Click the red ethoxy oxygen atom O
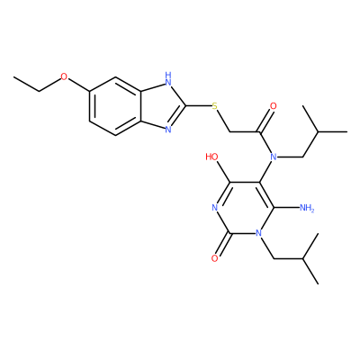[x=64, y=76]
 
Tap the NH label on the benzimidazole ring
[x=168, y=78]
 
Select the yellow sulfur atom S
[x=214, y=106]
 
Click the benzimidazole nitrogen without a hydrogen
[x=168, y=130]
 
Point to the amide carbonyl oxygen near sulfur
[x=273, y=106]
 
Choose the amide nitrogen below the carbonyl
[x=273, y=157]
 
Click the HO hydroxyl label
[x=212, y=157]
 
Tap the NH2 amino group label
[x=307, y=208]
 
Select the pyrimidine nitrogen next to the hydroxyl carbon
[x=214, y=207]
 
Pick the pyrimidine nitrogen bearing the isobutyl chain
[x=258, y=233]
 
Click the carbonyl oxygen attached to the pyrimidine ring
[x=214, y=258]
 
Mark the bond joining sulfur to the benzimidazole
[x=198, y=105]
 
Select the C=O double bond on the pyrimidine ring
[x=223, y=245]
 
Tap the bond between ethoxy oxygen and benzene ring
[x=79, y=85]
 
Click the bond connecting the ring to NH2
[x=286, y=207]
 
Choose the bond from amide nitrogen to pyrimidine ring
[x=265, y=171]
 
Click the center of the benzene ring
[x=115, y=105]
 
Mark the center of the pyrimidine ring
[x=244, y=207]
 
